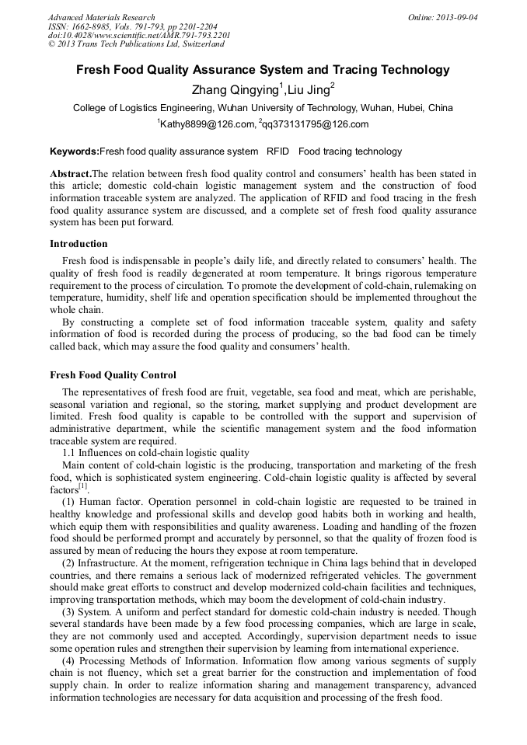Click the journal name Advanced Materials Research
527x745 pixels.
pos(101,17)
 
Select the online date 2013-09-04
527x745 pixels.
pos(460,17)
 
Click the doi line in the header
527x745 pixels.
pos(139,35)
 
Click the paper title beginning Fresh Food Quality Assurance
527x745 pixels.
pos(263,70)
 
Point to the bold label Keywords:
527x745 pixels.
pos(74,151)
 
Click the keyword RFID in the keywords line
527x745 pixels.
pos(277,151)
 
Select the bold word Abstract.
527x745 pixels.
pos(70,174)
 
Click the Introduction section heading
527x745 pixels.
pos(79,244)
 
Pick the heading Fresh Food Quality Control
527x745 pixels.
pos(113,375)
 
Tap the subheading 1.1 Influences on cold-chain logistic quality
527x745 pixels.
pos(155,453)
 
